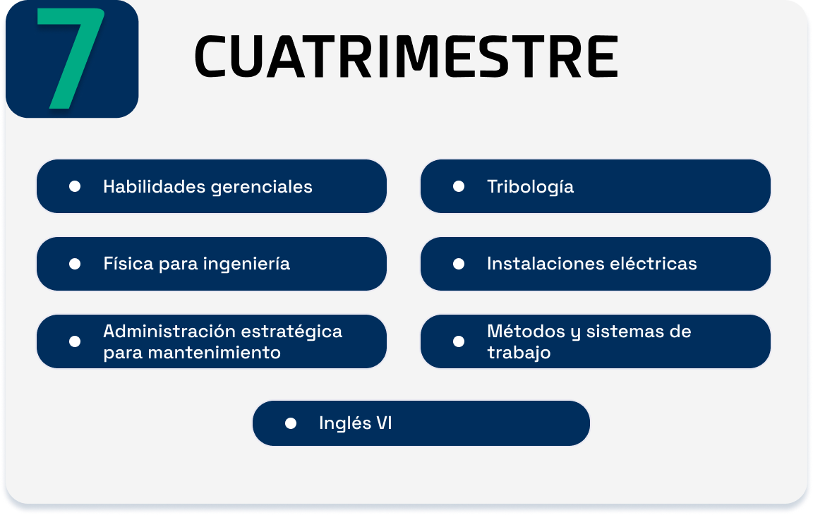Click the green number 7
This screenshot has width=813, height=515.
tap(71, 58)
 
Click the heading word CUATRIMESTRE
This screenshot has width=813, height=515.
tap(406, 56)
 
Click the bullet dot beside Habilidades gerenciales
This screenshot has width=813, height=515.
tap(75, 186)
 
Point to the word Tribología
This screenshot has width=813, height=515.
tap(531, 187)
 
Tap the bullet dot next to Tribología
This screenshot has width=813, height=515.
tap(458, 186)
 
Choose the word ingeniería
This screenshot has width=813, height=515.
tap(247, 265)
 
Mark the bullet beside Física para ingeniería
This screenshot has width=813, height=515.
tap(75, 265)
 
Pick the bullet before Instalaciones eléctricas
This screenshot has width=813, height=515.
tap(458, 265)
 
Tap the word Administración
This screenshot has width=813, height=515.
tap(169, 331)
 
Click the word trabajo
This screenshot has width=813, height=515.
tap(519, 353)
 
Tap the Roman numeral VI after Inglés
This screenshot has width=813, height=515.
tap(384, 423)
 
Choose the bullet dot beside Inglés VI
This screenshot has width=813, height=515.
tap(291, 424)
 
